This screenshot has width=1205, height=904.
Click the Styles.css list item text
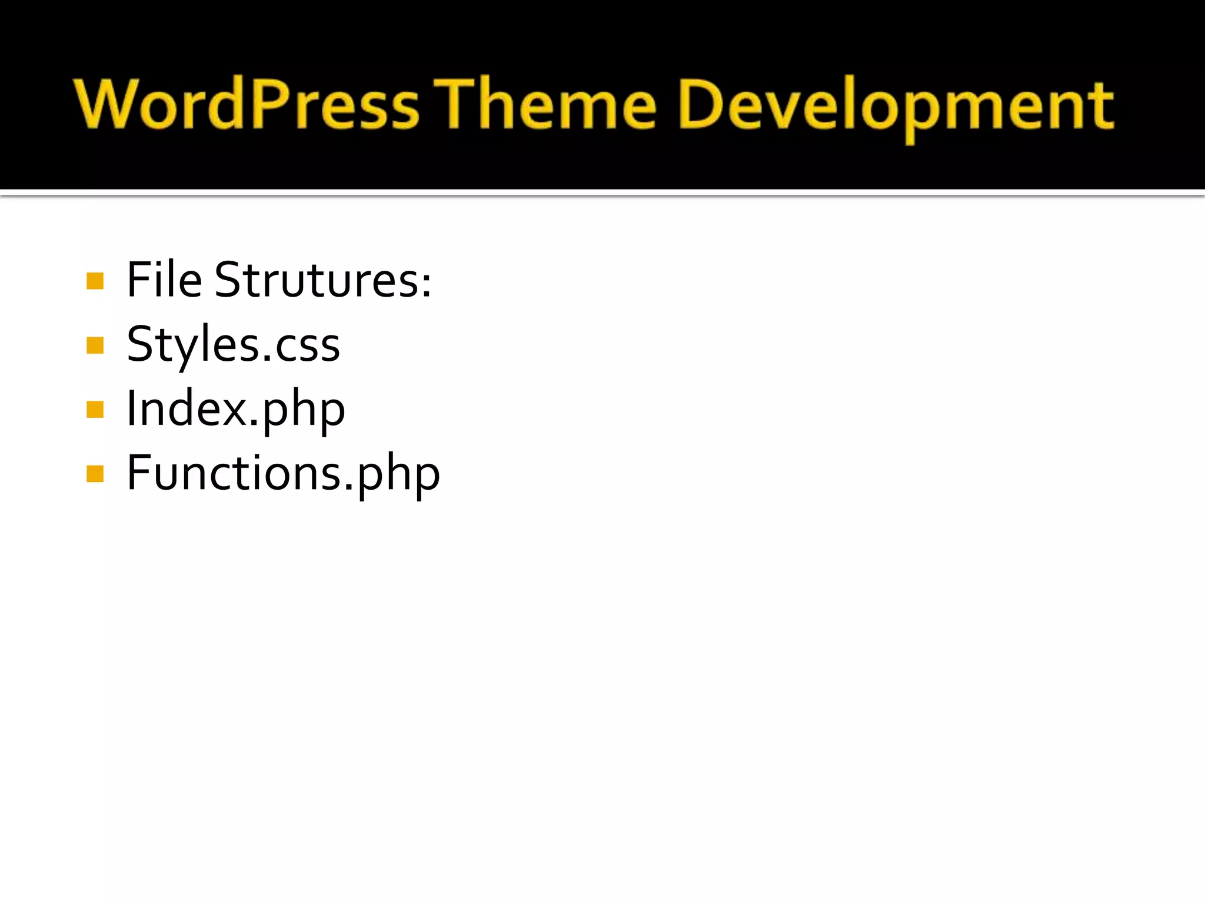(233, 344)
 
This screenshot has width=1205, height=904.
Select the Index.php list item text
(236, 409)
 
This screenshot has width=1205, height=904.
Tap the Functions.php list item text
(283, 473)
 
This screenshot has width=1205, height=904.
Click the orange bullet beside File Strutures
(95, 281)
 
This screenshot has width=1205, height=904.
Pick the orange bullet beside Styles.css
(95, 345)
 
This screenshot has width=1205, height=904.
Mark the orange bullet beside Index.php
(95, 409)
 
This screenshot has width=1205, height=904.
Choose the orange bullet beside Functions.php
(95, 473)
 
